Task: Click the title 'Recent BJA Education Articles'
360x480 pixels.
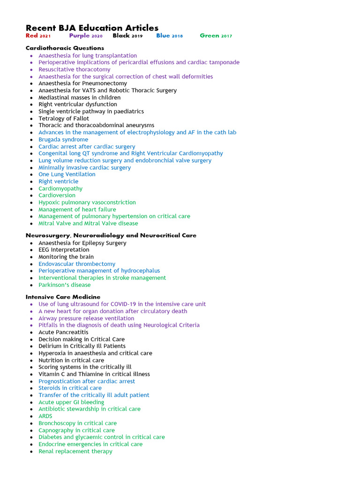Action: pos(92,28)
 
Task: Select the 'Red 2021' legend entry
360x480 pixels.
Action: pos(38,36)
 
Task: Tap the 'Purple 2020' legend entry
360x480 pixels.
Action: pos(85,36)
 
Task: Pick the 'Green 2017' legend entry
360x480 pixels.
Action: pos(216,36)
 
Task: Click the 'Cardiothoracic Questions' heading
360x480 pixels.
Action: pos(65,48)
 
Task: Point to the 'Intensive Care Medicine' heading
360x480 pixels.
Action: pos(63,297)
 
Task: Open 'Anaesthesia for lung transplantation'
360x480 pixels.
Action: pos(88,55)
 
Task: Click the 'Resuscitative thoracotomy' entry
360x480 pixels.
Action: pos(74,69)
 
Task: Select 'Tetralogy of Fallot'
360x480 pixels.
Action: pos(63,118)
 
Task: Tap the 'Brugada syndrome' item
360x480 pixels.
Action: pos(63,139)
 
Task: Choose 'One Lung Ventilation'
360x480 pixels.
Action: pos(67,174)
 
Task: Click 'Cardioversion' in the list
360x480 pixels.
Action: pos(57,195)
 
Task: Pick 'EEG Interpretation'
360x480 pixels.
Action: pos(64,250)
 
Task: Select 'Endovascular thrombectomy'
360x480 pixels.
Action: pos(76,264)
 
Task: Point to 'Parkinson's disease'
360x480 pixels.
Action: pos(64,285)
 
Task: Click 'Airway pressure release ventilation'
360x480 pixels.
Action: pos(86,318)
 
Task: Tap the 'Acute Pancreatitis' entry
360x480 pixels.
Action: pos(63,332)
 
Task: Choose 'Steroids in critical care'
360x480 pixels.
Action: pos(70,388)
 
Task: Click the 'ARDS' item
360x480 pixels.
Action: pos(45,416)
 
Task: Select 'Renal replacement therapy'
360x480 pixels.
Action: pos(75,451)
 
